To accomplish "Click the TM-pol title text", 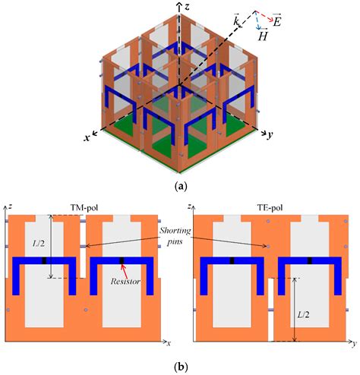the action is click(x=84, y=208).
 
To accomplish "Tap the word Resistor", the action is click(x=125, y=281).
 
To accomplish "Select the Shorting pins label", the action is click(x=175, y=236).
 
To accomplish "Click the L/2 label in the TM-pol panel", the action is click(x=39, y=244).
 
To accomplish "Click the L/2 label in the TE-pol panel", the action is click(x=303, y=314).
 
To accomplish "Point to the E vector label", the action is click(x=276, y=21).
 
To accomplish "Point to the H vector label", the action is click(x=263, y=36).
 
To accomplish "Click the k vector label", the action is click(x=236, y=21).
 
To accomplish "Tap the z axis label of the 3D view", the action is click(x=187, y=7).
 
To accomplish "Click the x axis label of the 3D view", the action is click(x=87, y=137).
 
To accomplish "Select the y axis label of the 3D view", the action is click(x=270, y=135).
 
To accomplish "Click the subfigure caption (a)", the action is click(x=182, y=187).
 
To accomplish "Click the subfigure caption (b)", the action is click(x=182, y=367).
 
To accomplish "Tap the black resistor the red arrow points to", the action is click(x=122, y=261).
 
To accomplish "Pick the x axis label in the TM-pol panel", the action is click(x=169, y=343).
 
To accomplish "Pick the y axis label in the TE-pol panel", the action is click(x=354, y=344).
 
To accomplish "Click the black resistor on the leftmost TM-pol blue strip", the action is click(x=44, y=261).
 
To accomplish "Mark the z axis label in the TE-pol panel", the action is click(x=190, y=206).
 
